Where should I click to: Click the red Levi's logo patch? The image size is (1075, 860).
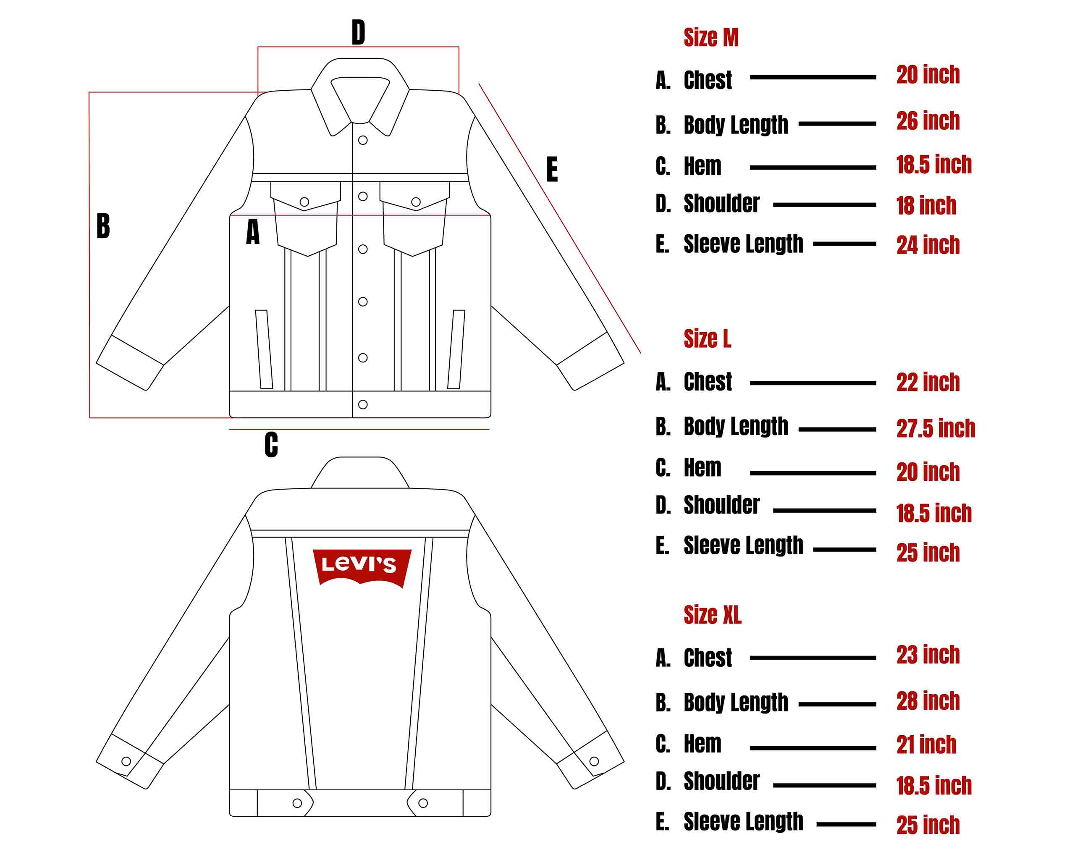click(362, 567)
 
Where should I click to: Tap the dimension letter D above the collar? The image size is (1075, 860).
click(358, 32)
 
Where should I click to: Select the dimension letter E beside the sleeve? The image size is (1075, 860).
click(551, 170)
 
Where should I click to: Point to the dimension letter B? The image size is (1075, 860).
click(103, 226)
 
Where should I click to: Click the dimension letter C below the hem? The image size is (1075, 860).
click(271, 445)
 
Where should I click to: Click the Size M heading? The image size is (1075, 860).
click(711, 38)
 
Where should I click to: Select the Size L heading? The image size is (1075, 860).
click(707, 339)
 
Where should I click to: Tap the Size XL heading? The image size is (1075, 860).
click(712, 615)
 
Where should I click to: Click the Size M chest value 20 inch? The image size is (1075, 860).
click(928, 75)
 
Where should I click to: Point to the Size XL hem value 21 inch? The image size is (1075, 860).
click(926, 745)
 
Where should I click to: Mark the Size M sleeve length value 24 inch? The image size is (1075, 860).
click(928, 245)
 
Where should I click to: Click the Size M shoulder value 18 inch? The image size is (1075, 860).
click(926, 206)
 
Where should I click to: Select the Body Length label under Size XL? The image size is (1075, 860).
click(735, 703)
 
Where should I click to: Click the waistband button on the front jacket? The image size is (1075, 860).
click(363, 404)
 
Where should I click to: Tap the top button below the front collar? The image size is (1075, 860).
click(363, 141)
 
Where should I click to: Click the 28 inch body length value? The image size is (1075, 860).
click(928, 701)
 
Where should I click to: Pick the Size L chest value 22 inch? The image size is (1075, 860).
click(928, 383)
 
